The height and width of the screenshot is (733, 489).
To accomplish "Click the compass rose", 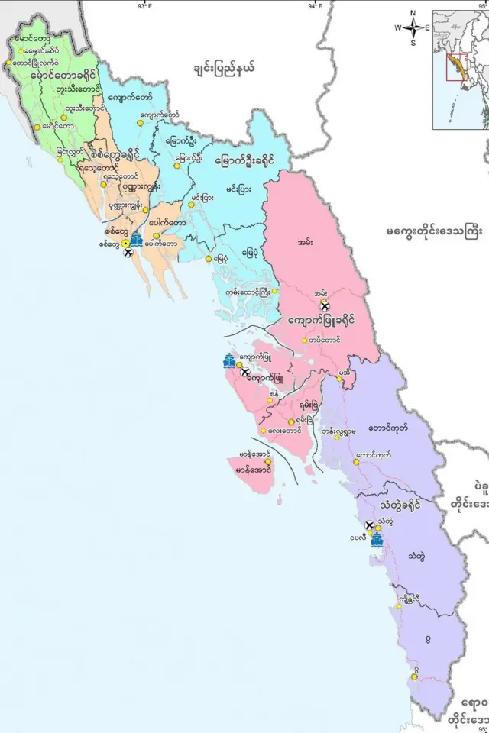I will coord(412,27).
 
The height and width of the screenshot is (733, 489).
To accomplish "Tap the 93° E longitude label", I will coord(144,5).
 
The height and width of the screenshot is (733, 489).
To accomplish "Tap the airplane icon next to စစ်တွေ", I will coord(128,253).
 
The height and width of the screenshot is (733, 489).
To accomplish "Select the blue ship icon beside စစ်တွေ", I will coord(136,239).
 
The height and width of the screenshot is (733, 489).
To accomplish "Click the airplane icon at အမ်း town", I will coord(324,305).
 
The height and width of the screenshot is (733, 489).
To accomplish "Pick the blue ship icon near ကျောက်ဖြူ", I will coord(229,361).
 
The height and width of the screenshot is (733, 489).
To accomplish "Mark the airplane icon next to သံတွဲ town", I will coord(371,525).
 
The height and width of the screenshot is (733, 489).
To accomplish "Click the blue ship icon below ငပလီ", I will coord(376,541).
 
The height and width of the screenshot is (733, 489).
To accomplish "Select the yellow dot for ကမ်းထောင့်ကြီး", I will coord(273,292).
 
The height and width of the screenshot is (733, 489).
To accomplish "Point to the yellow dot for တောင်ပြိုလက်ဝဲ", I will coord(9,63).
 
